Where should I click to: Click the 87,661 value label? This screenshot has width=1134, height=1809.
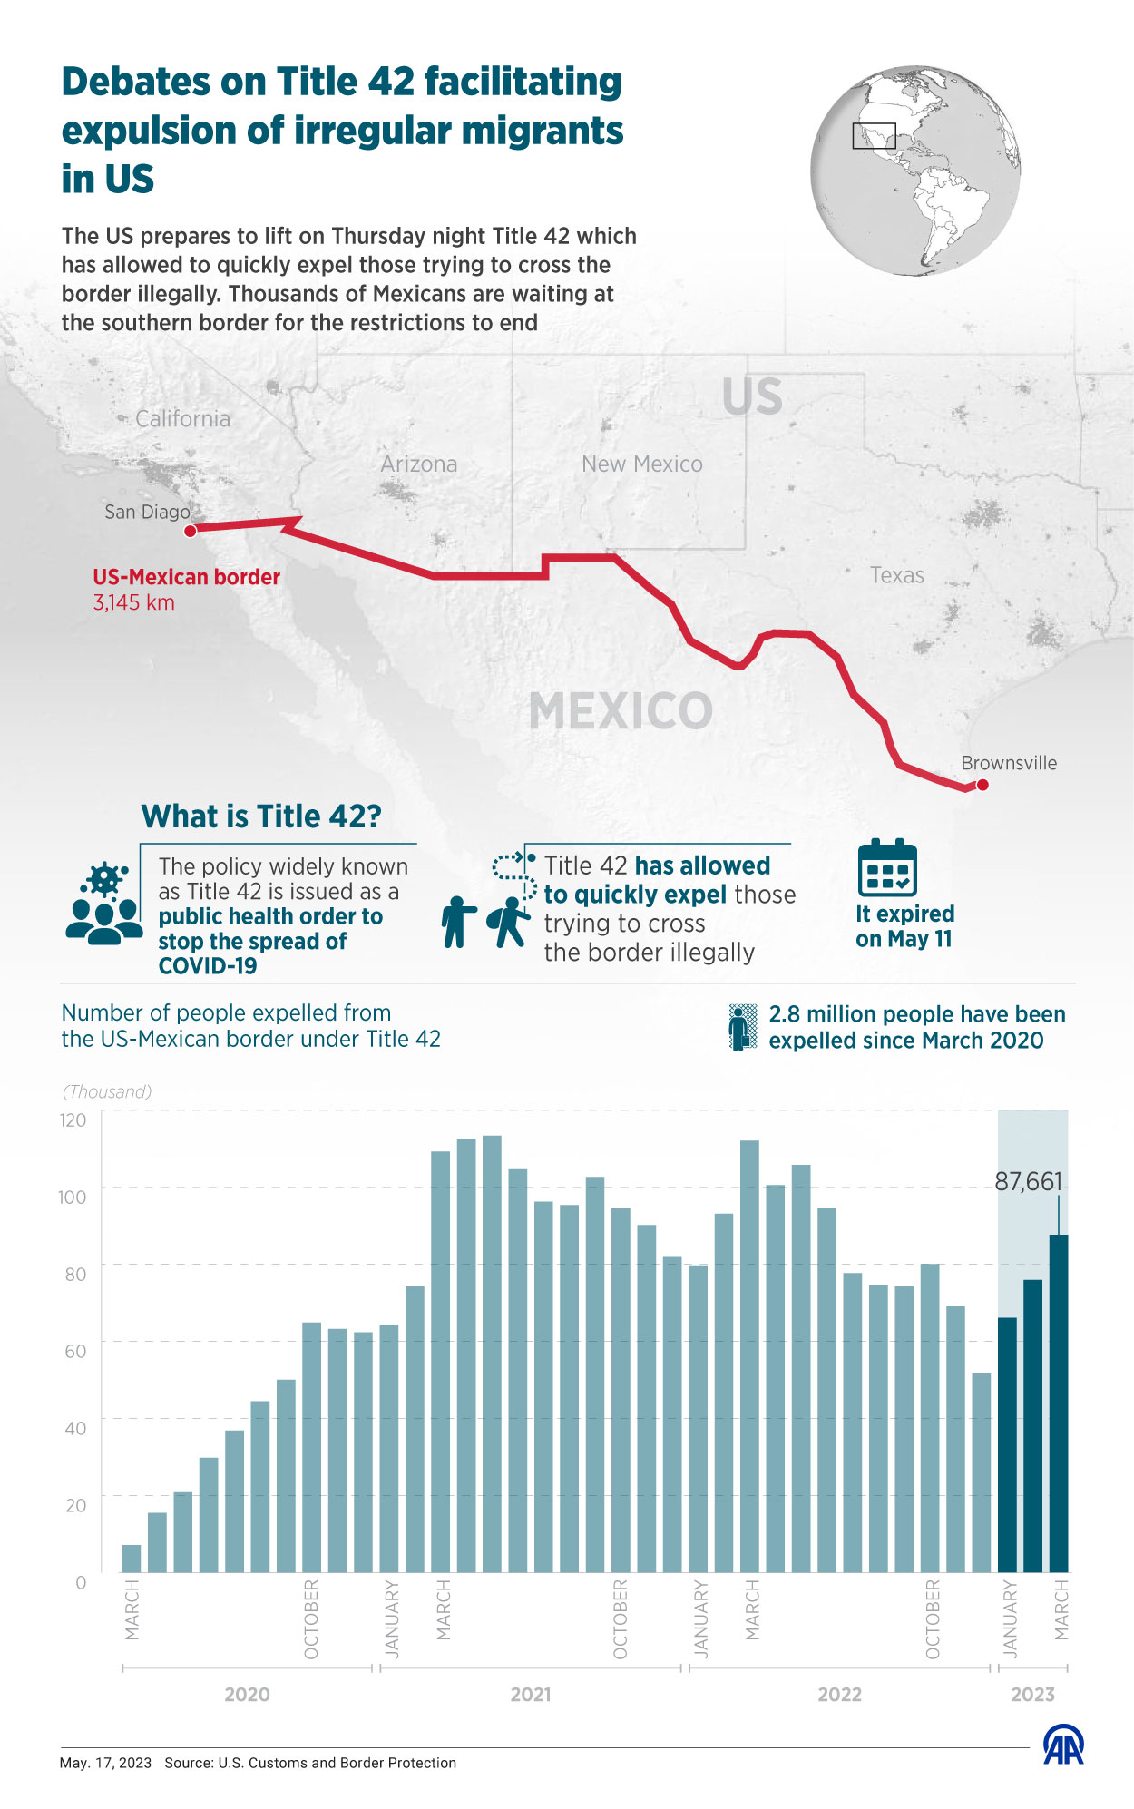click(x=1028, y=1181)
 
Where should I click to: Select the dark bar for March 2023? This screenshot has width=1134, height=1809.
click(x=1059, y=1403)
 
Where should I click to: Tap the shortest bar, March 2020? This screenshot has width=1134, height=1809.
click(x=132, y=1558)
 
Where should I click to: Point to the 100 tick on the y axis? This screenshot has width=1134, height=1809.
click(x=73, y=1197)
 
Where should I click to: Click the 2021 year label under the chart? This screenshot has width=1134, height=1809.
click(x=531, y=1695)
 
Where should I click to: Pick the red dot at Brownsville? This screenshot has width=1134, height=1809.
click(x=982, y=785)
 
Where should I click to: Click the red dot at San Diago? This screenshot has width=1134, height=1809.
click(x=191, y=531)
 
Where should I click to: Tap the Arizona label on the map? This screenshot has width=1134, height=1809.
click(x=419, y=464)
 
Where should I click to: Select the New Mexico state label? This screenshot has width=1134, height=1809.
click(x=642, y=464)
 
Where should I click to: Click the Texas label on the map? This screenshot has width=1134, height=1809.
click(x=897, y=575)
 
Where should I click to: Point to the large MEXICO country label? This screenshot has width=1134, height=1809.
click(x=621, y=711)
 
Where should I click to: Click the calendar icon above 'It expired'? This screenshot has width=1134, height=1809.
click(x=887, y=868)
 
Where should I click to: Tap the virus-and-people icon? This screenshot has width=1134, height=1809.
click(x=104, y=904)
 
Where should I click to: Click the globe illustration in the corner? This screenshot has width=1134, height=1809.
click(x=915, y=171)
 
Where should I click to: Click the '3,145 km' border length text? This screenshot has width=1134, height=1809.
click(x=134, y=603)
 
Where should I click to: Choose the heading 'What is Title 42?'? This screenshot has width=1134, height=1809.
click(x=261, y=816)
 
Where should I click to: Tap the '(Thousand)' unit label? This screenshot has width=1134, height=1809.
click(x=107, y=1091)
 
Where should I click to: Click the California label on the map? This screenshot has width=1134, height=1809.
click(x=183, y=419)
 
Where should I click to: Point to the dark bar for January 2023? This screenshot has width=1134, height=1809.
click(x=1007, y=1444)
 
